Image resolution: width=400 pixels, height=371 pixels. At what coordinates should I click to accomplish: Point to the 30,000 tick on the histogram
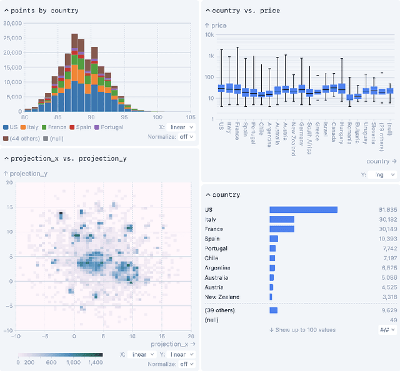(12, 23)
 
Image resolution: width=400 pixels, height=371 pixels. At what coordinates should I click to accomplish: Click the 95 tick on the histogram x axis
(124, 117)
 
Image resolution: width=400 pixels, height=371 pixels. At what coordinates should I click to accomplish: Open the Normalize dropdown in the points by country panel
(187, 137)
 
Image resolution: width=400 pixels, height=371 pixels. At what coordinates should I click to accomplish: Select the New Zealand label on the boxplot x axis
(293, 133)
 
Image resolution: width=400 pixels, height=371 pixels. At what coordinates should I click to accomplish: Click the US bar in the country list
(303, 210)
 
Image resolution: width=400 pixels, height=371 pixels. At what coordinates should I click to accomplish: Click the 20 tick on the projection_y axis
(9, 182)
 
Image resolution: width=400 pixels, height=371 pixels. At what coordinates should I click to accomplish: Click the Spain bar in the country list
(274, 239)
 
